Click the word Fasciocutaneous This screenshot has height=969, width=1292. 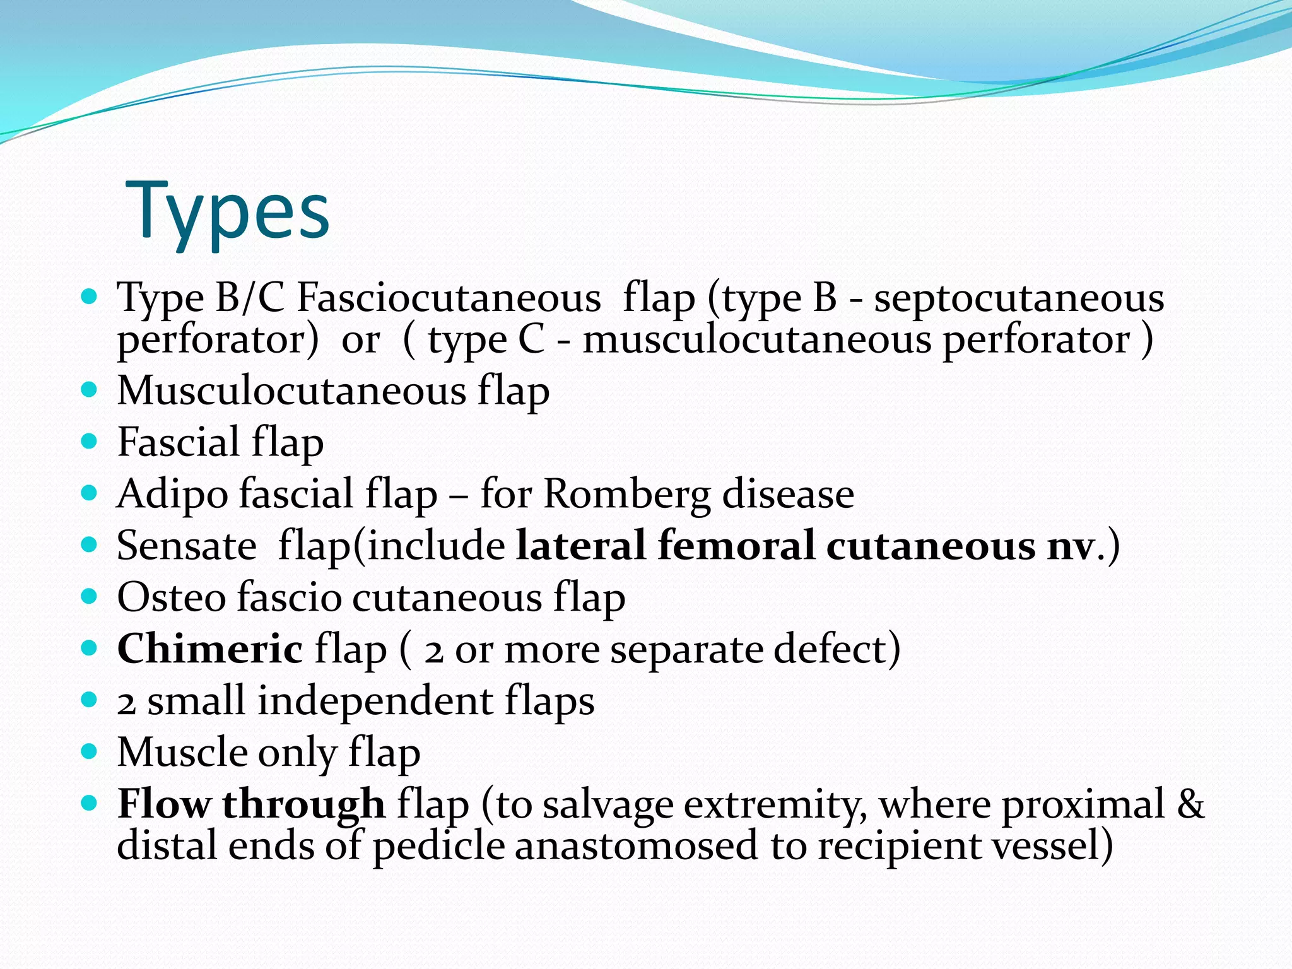[449, 297]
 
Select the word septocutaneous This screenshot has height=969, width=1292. [1019, 297]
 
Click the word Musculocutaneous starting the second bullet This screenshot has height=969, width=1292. [291, 391]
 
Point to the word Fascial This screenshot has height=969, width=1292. [179, 442]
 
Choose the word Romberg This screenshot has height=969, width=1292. [626, 493]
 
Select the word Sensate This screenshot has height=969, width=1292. [187, 545]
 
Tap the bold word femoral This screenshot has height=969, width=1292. [736, 545]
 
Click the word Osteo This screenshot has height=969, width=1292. [172, 597]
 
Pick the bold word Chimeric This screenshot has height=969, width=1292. [210, 649]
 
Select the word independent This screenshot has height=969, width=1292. [375, 701]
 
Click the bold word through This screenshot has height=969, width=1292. [303, 804]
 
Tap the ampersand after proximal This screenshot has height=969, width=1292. [1190, 804]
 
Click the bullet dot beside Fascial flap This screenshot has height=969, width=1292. [90, 441]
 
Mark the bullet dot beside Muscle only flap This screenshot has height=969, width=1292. [90, 751]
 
